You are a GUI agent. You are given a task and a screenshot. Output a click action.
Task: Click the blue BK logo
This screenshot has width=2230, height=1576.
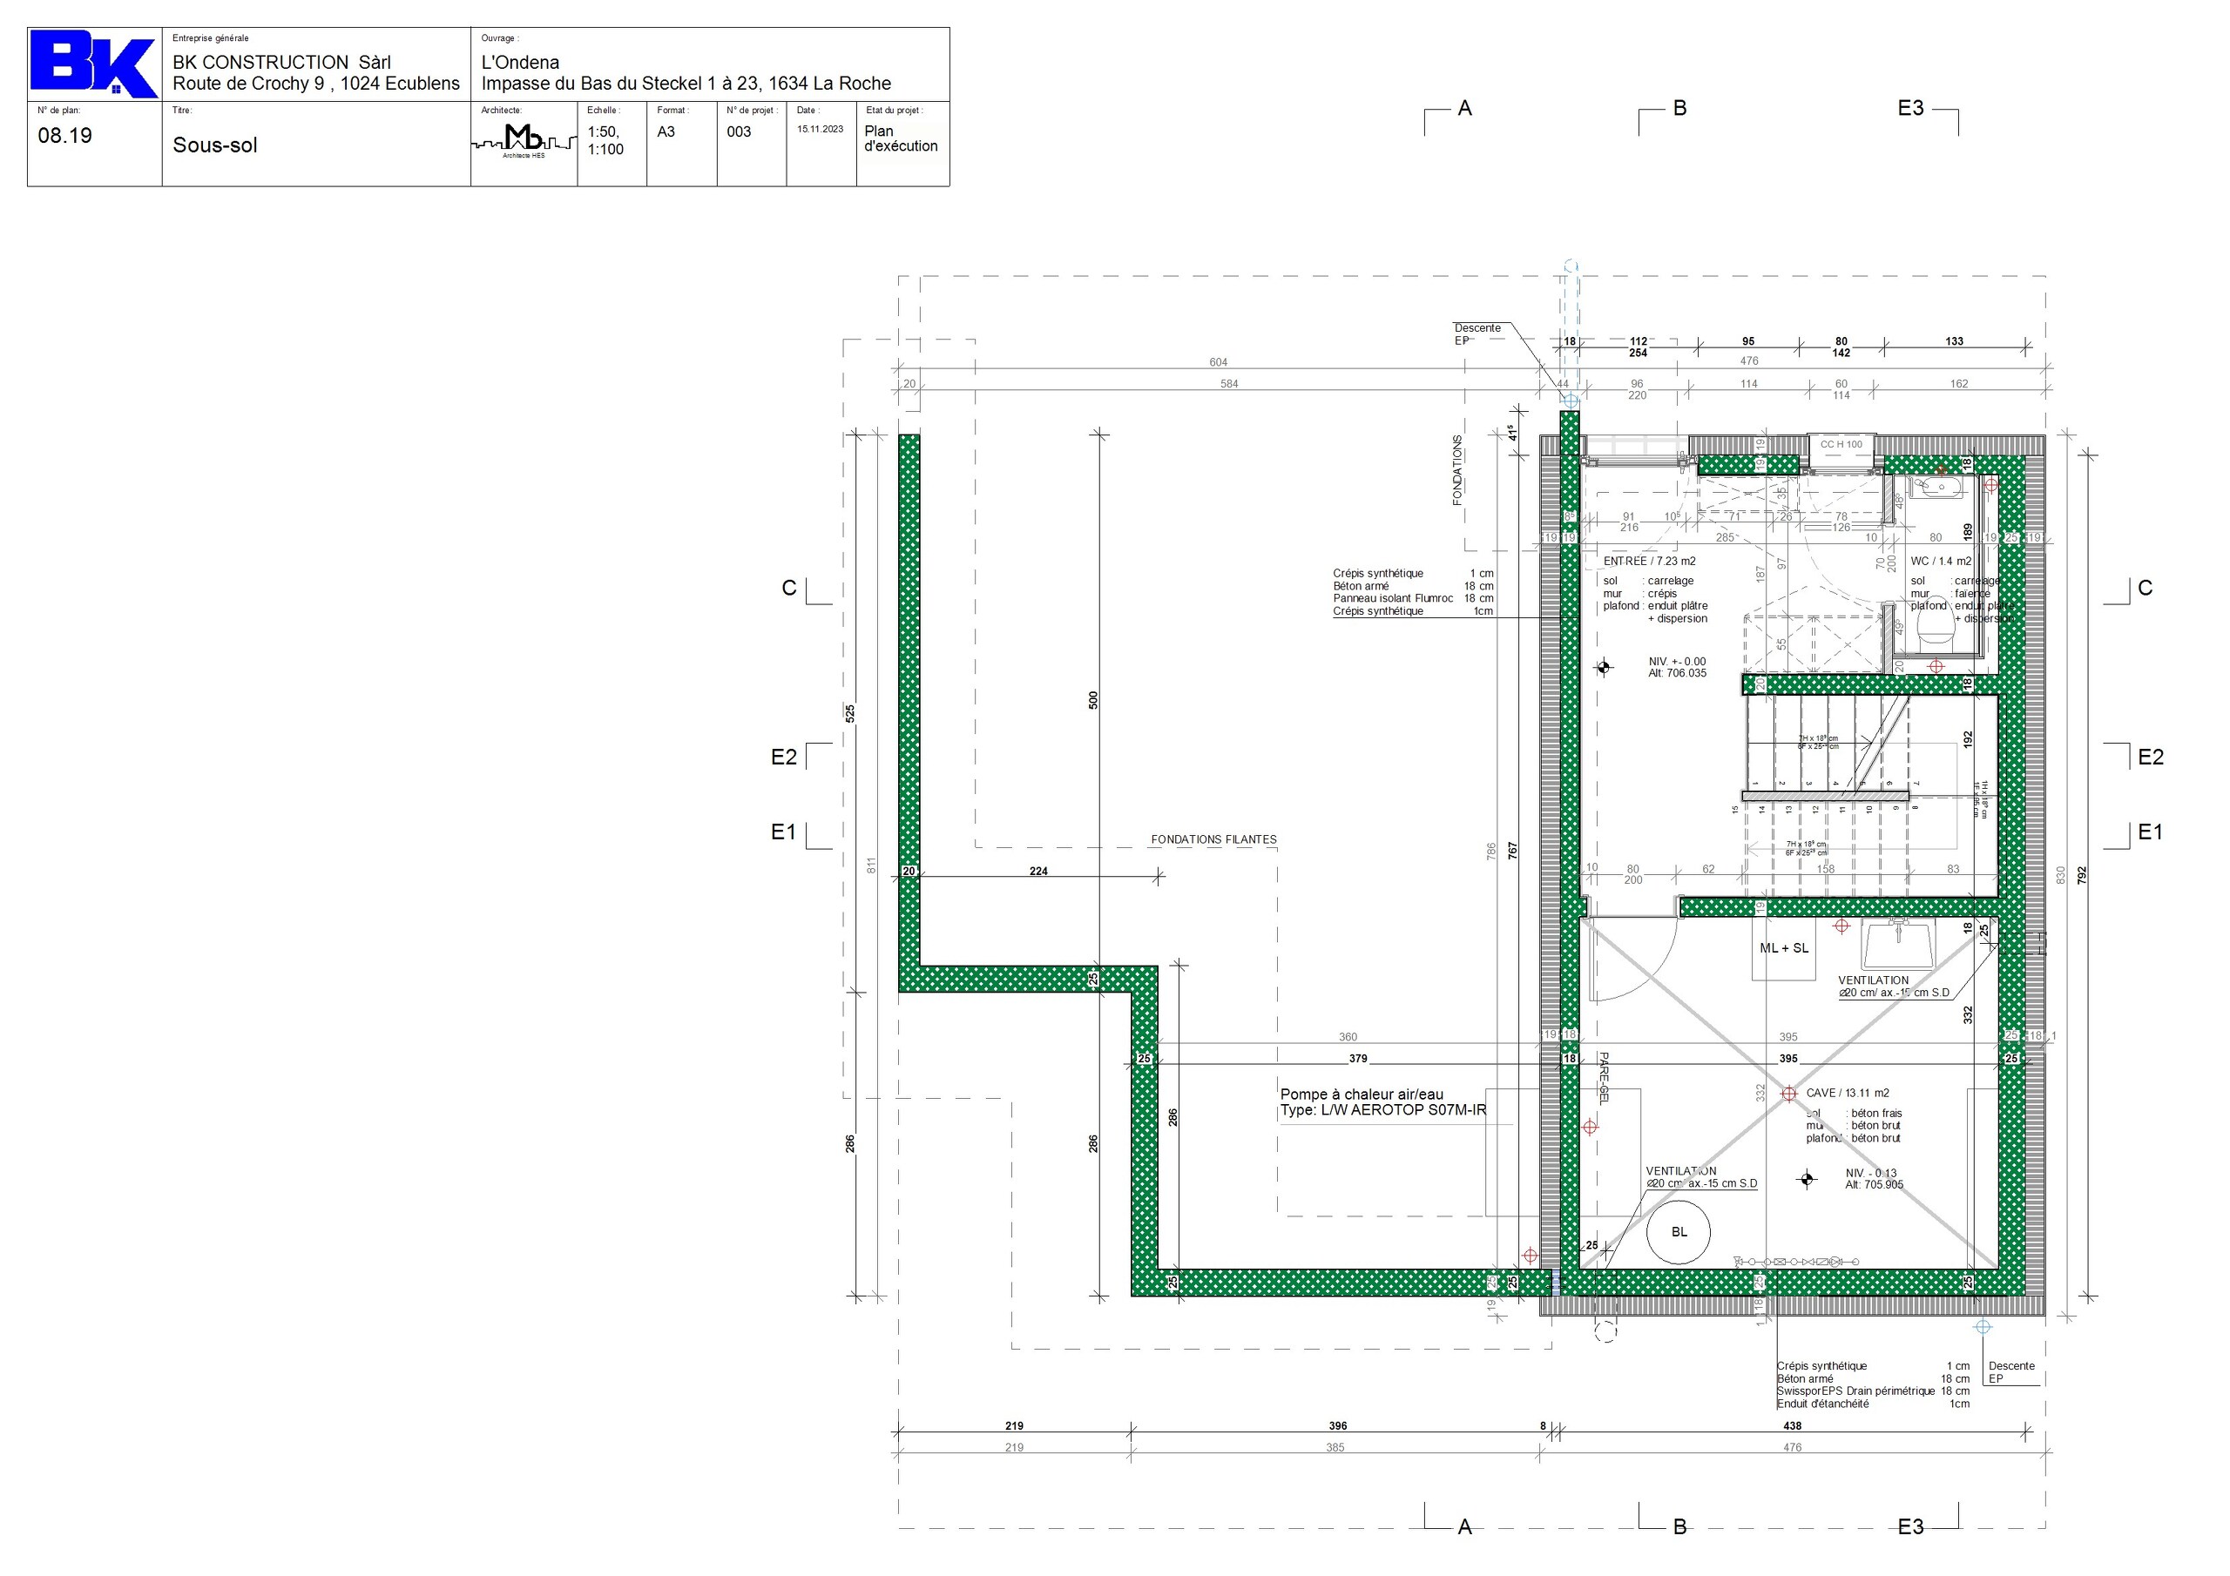tap(92, 64)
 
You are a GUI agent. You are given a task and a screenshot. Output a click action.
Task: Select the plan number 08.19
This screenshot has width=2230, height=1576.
tap(65, 136)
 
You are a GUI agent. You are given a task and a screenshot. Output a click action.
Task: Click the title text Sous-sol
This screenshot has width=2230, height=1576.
tap(214, 145)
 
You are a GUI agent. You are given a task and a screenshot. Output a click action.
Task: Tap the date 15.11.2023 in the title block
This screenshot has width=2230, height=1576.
tap(820, 129)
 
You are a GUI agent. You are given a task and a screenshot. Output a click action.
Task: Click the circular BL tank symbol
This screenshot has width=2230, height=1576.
tap(1679, 1231)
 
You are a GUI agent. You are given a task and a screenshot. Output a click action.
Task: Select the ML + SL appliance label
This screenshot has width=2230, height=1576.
tap(1784, 947)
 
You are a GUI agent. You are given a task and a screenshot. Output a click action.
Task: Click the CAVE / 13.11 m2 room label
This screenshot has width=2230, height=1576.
tap(1847, 1093)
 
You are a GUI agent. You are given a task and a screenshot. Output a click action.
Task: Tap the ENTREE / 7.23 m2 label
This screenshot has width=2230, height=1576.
tap(1649, 562)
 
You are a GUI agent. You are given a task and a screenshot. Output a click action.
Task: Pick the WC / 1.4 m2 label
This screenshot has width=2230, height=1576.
tap(1941, 562)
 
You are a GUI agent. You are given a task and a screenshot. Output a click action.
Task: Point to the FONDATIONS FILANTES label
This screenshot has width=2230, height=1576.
tap(1213, 839)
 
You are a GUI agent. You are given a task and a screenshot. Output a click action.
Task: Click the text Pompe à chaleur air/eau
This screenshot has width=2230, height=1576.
tap(1362, 1094)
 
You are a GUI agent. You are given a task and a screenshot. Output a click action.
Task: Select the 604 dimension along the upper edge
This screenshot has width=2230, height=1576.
tap(1218, 362)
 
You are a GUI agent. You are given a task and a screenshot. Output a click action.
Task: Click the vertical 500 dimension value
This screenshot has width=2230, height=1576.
tap(1092, 699)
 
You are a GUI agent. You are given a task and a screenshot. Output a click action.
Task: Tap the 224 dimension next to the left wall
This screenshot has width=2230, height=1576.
tap(1038, 871)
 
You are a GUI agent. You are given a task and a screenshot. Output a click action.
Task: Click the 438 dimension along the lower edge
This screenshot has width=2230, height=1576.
tap(1792, 1425)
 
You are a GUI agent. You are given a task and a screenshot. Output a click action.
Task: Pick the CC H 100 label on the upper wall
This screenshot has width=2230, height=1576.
tap(1841, 445)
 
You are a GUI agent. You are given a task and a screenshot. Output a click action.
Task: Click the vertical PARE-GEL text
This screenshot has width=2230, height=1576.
tap(1604, 1078)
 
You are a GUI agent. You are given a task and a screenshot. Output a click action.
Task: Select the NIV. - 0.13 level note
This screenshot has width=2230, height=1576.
tap(1870, 1173)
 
